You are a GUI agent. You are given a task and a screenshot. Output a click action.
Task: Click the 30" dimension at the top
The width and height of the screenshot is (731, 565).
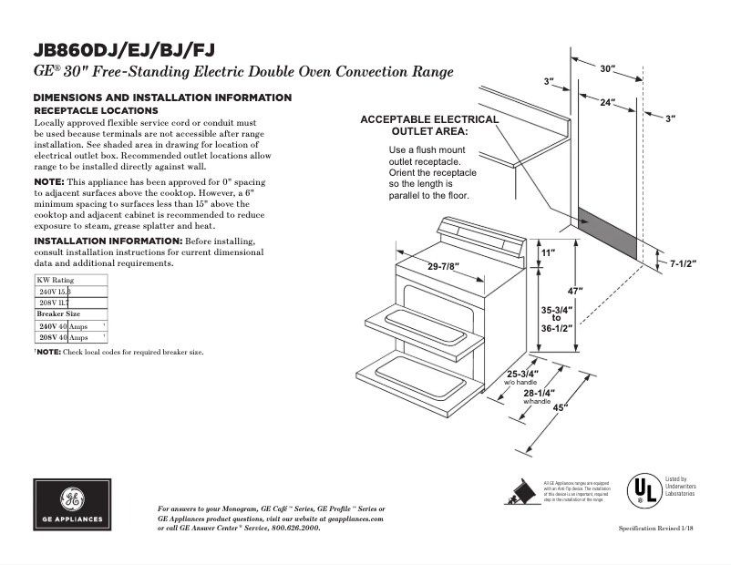point(607,69)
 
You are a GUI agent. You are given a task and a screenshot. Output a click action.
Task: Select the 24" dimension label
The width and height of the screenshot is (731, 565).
point(606,104)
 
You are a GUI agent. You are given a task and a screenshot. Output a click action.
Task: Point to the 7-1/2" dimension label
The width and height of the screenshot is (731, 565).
point(684,263)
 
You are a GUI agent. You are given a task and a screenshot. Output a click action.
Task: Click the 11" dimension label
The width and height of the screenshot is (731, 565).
point(548,252)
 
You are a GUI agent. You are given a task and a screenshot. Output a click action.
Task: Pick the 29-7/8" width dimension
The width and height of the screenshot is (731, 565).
point(444,266)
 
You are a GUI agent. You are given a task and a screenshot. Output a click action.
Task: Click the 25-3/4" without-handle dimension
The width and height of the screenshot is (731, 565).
point(523,374)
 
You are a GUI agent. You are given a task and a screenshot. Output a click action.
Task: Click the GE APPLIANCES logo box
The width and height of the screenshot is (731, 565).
point(72,504)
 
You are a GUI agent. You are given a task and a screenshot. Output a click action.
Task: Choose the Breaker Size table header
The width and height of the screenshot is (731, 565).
point(58,313)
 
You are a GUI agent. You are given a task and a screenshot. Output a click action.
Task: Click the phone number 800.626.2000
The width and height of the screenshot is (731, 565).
point(295,527)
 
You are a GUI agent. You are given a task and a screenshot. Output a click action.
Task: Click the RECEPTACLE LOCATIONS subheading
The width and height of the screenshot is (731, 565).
point(96,110)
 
